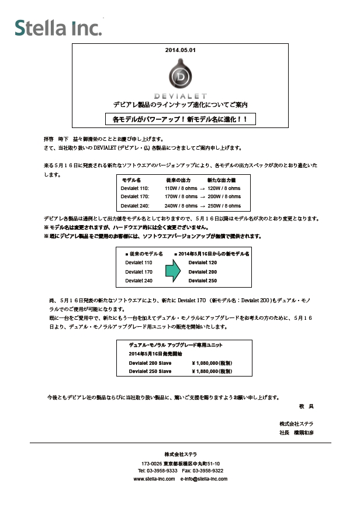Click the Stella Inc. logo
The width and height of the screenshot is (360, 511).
58,27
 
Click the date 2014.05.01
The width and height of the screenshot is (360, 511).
180,50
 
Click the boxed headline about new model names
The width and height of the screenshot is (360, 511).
180,119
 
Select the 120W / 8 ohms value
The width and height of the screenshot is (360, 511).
224,189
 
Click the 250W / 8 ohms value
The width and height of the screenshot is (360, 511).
224,206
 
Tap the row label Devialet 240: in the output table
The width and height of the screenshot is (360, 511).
135,206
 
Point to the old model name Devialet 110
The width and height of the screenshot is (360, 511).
139,263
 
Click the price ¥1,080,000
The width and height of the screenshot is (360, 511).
212,362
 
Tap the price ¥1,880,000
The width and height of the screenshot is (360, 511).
212,371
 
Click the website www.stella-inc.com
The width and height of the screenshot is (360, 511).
154,478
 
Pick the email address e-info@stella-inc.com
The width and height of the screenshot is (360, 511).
203,478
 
